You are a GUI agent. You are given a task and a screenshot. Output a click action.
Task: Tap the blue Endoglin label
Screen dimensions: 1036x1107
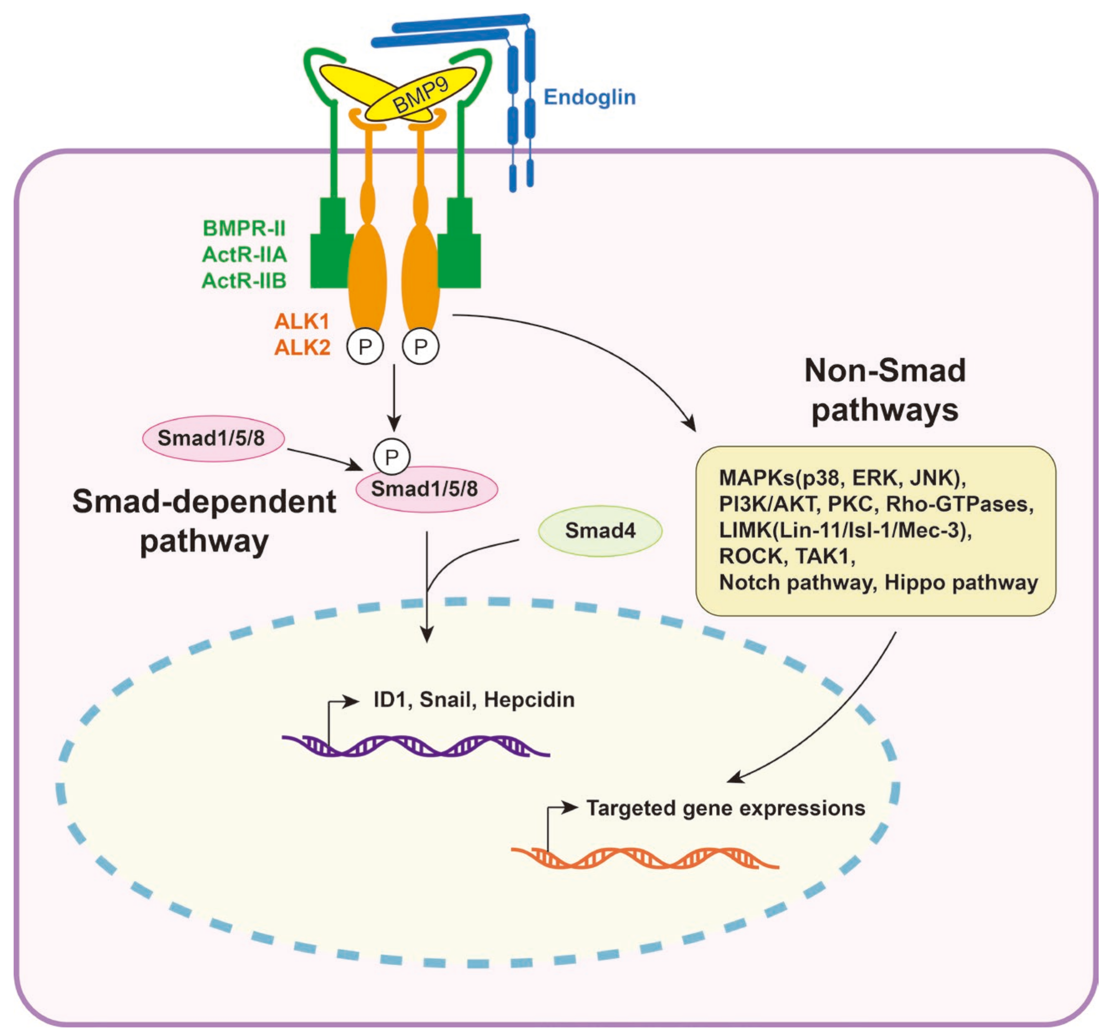pyautogui.click(x=589, y=97)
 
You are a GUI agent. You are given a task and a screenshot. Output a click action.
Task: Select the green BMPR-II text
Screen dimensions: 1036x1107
pyautogui.click(x=244, y=228)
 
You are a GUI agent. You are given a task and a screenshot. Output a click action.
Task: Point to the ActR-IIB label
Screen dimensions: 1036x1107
pyautogui.click(x=244, y=281)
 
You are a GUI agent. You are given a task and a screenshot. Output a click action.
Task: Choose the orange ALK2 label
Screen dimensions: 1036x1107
pyautogui.click(x=302, y=348)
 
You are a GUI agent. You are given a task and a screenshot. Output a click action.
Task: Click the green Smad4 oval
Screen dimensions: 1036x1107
pyautogui.click(x=600, y=530)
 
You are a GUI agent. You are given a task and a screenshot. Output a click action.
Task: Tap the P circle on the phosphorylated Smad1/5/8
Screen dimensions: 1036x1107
pyautogui.click(x=391, y=457)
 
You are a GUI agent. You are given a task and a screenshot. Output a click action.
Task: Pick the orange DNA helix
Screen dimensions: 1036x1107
pyautogui.click(x=644, y=857)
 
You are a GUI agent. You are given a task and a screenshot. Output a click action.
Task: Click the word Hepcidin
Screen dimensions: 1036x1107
pyautogui.click(x=529, y=700)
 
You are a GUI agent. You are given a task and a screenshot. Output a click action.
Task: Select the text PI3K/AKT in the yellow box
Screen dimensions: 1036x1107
pyautogui.click(x=768, y=504)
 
